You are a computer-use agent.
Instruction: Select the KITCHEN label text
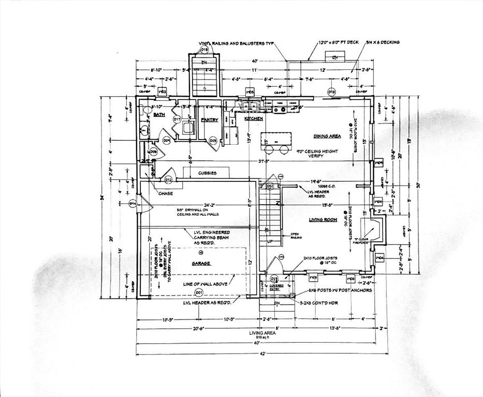tap(254, 119)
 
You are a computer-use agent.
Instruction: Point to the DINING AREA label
tap(327, 136)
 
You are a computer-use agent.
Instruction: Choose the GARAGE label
tap(201, 263)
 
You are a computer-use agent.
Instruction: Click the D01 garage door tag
tap(199, 293)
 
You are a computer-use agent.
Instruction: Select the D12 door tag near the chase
tap(168, 180)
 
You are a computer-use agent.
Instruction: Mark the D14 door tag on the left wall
tap(133, 204)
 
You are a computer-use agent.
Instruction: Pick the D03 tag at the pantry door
tap(213, 140)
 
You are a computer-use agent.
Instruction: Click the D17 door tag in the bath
tap(177, 119)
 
